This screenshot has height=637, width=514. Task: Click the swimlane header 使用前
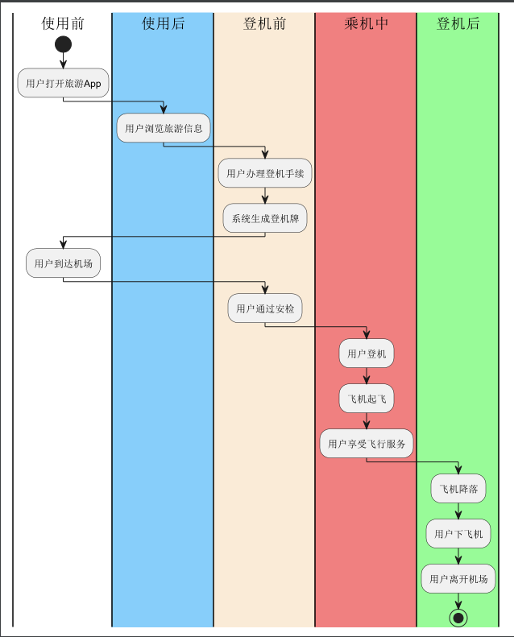click(x=63, y=23)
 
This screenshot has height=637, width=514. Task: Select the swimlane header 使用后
click(x=163, y=23)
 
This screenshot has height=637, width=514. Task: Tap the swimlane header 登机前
click(x=264, y=23)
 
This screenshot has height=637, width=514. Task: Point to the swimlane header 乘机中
click(x=366, y=23)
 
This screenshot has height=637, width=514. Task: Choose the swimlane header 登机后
click(x=458, y=23)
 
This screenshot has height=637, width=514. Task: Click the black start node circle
click(x=64, y=44)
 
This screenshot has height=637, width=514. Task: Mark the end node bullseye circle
click(x=459, y=618)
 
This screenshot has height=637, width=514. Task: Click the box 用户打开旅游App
click(x=64, y=83)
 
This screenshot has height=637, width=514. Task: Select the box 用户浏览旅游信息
click(x=164, y=128)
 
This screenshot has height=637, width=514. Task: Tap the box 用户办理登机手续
click(x=264, y=173)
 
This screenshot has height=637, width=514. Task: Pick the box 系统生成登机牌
click(x=265, y=218)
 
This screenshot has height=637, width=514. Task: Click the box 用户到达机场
click(x=63, y=263)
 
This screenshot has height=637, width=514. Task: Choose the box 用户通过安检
click(x=265, y=308)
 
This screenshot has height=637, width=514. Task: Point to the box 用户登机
click(x=367, y=354)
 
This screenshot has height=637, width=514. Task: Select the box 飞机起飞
click(x=367, y=399)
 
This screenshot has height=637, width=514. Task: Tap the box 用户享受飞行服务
click(x=367, y=444)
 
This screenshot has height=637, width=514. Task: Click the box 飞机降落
click(x=459, y=489)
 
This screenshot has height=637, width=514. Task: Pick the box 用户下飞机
click(x=458, y=533)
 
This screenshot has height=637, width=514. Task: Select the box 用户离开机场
click(x=458, y=578)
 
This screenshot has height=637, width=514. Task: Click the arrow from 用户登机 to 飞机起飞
click(x=367, y=376)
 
